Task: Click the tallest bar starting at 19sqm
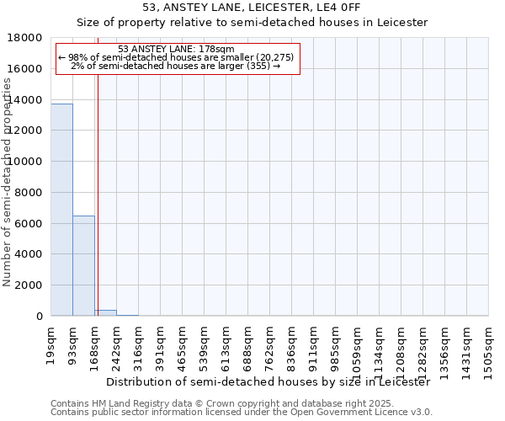[61, 210]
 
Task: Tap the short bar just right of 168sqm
[105, 313]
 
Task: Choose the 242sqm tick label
[116, 345]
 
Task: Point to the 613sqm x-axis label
[226, 345]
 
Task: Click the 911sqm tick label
[313, 345]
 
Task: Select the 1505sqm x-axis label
[488, 349]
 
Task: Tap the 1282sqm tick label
[423, 349]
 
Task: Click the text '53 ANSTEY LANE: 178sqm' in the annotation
[177, 49]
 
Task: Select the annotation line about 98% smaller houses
[177, 57]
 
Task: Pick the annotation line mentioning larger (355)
[177, 66]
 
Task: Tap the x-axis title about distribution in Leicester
[269, 381]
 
